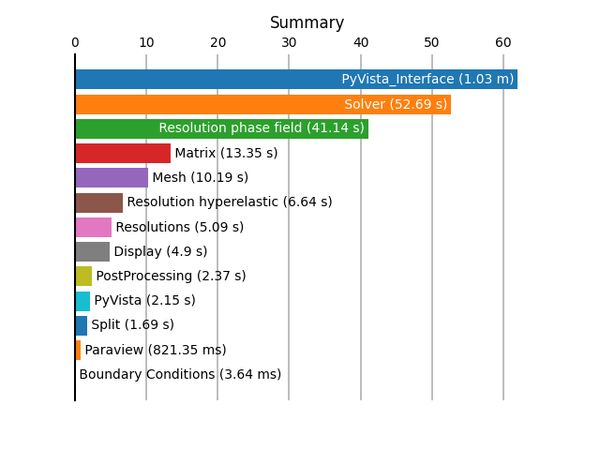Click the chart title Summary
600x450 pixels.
coord(307,22)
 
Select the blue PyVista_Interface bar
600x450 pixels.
coord(296,79)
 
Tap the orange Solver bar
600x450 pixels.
coord(263,104)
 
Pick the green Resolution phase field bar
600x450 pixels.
coord(222,128)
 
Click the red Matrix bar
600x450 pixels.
coord(123,153)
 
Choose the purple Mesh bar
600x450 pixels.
coord(112,177)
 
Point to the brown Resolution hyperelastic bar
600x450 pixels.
coord(99,202)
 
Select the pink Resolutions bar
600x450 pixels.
coord(94,227)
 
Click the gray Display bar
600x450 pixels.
coord(93,252)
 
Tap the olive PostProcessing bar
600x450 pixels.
coord(83,276)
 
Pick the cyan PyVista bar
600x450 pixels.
coord(83,301)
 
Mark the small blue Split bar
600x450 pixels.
coord(82,325)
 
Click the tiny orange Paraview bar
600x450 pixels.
coord(78,350)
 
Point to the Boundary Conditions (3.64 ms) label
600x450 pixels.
coord(180,374)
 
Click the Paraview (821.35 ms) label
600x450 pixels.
coord(156,350)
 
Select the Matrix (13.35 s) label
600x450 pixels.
coord(226,153)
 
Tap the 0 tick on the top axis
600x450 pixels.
coord(75,42)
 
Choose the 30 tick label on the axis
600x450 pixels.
coord(289,42)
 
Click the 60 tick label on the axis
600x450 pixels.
coord(503,42)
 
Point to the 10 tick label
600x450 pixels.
coord(146,42)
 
